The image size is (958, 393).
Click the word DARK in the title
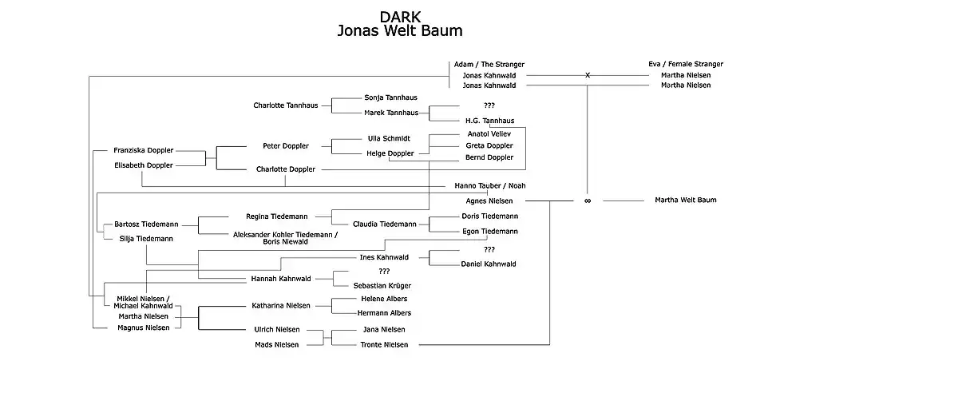400,17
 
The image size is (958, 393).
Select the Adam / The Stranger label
489,64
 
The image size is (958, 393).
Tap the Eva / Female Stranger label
686,64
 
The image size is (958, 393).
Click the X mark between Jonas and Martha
588,75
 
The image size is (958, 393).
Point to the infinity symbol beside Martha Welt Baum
588,200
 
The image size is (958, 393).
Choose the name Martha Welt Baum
685,200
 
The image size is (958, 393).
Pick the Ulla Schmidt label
388,138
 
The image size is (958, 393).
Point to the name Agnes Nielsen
489,200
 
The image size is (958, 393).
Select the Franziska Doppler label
144,150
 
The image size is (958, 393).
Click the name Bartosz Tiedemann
146,224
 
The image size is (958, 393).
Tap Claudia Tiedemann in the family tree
385,224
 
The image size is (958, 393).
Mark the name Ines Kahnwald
384,257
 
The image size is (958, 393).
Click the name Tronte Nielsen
383,344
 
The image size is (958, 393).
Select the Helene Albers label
383,299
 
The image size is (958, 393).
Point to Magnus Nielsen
143,327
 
